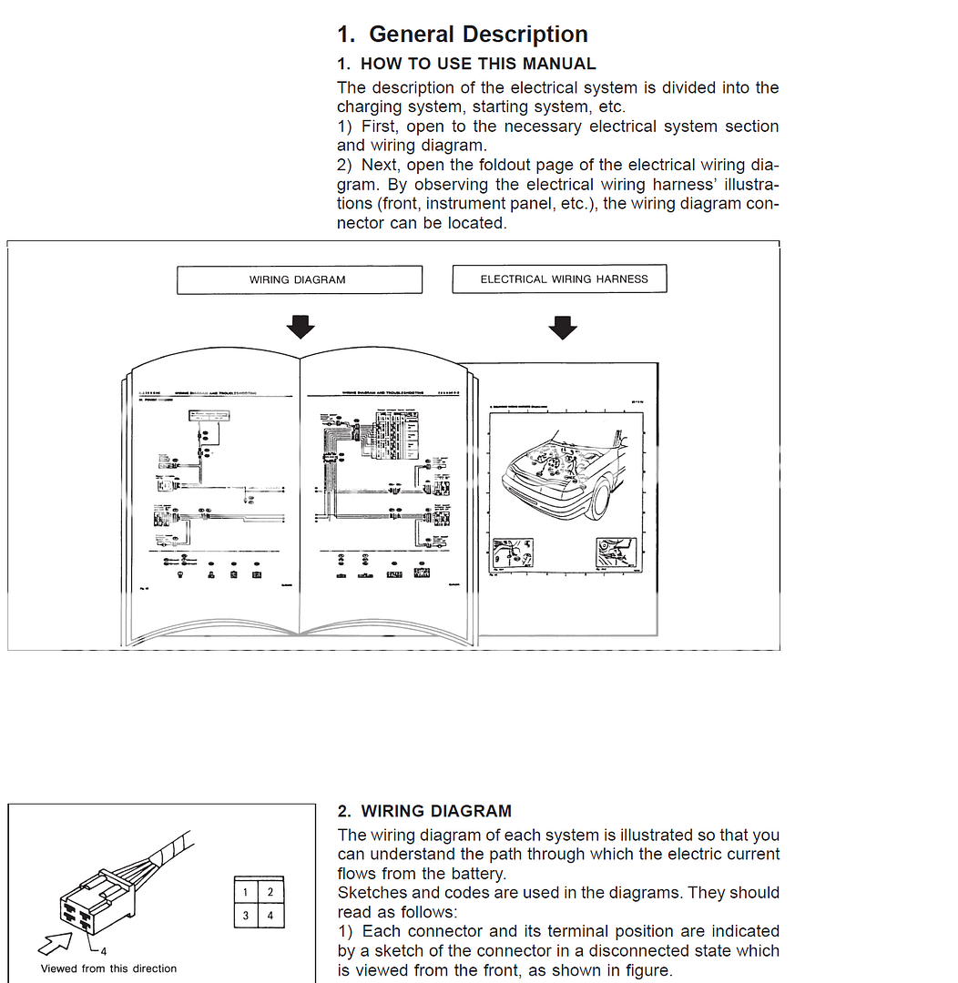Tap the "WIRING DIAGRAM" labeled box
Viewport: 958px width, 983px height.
pos(299,279)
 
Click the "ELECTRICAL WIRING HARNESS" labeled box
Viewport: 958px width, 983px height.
pos(559,279)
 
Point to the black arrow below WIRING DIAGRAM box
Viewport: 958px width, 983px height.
pos(300,327)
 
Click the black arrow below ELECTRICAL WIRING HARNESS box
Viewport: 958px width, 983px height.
pos(563,327)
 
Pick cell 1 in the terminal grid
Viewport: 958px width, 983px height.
pos(246,893)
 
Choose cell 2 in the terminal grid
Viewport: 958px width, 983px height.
pos(270,893)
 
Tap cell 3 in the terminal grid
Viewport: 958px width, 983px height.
pos(246,915)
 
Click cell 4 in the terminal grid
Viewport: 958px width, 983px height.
pos(270,915)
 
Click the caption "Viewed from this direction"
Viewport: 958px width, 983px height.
pos(108,968)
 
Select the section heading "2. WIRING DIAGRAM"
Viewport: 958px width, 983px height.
pos(424,811)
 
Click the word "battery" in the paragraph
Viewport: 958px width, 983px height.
pos(474,874)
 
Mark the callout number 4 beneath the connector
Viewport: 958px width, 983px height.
pos(103,950)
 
